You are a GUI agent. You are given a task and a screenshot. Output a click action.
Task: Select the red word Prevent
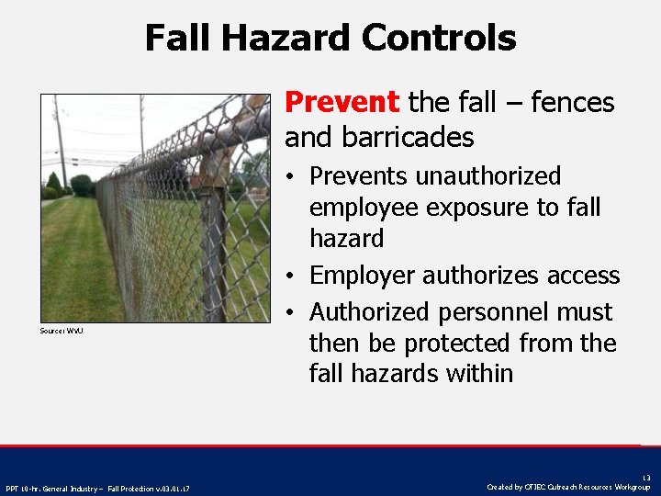coord(342,102)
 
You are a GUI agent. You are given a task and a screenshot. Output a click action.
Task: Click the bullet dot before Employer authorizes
coord(291,276)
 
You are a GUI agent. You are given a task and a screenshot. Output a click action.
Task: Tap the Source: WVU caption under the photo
coord(62,330)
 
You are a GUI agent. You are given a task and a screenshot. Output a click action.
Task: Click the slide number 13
coord(646,477)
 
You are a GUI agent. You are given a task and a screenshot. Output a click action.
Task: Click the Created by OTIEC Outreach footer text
coord(568,487)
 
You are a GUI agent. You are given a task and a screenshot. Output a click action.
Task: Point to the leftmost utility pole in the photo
coord(60,138)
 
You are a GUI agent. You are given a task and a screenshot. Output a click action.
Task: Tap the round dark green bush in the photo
coord(83,185)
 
